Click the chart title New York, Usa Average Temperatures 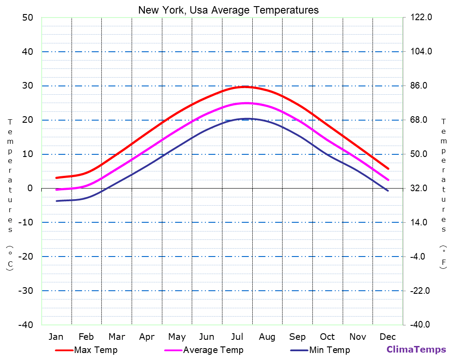[x=228, y=10]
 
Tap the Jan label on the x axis [x=56, y=337]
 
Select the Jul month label [x=237, y=337]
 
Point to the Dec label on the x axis [x=388, y=337]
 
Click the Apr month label [x=147, y=337]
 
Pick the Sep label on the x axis [x=297, y=337]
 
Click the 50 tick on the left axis [x=27, y=18]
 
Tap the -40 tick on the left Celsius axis [x=25, y=324]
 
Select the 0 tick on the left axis [x=30, y=188]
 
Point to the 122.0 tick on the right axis [x=421, y=18]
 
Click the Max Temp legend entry [x=96, y=350]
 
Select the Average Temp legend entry [x=213, y=350]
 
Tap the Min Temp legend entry [x=329, y=350]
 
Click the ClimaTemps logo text [x=416, y=349]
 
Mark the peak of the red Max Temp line [x=246, y=87]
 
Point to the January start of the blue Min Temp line [x=57, y=201]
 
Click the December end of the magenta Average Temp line [x=388, y=180]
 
